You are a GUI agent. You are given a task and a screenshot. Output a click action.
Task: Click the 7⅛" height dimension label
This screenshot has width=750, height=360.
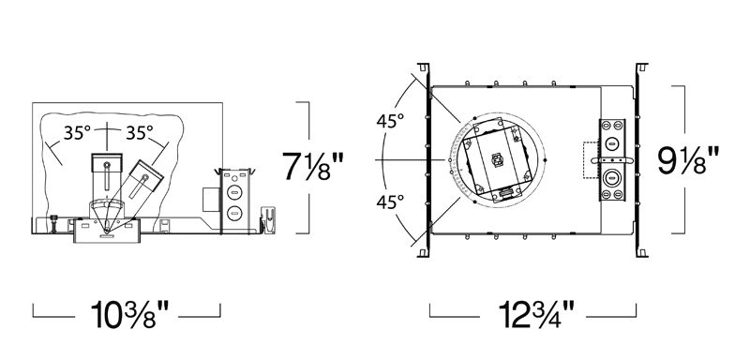point(312,166)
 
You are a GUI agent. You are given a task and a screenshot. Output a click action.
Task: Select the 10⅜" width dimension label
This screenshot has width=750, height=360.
point(129,314)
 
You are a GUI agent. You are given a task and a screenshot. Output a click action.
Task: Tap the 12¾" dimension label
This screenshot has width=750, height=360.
point(535,314)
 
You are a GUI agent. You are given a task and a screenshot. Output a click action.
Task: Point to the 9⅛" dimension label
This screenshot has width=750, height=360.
point(688,161)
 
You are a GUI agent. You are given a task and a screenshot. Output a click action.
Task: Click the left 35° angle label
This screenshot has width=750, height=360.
point(77,133)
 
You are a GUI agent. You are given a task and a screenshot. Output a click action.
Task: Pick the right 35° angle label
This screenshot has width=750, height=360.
point(139,133)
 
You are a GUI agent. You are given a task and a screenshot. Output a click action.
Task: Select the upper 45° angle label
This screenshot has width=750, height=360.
point(390,121)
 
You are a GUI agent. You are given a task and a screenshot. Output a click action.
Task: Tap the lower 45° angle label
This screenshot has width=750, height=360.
point(390,202)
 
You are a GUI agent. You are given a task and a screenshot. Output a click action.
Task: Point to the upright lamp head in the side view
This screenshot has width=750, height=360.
point(107,174)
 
